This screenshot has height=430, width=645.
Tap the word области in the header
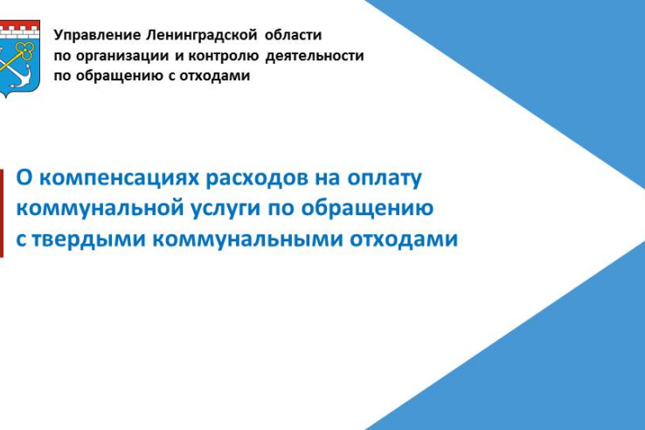(294, 35)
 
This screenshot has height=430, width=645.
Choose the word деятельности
(315, 56)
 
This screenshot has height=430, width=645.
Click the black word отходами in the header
(215, 76)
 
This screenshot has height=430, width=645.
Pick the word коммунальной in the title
(101, 208)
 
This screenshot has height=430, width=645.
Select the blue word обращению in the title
(367, 208)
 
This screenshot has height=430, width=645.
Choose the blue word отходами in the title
(404, 239)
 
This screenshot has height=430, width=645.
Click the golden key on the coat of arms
(17, 58)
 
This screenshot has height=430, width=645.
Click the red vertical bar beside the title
(1, 213)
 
